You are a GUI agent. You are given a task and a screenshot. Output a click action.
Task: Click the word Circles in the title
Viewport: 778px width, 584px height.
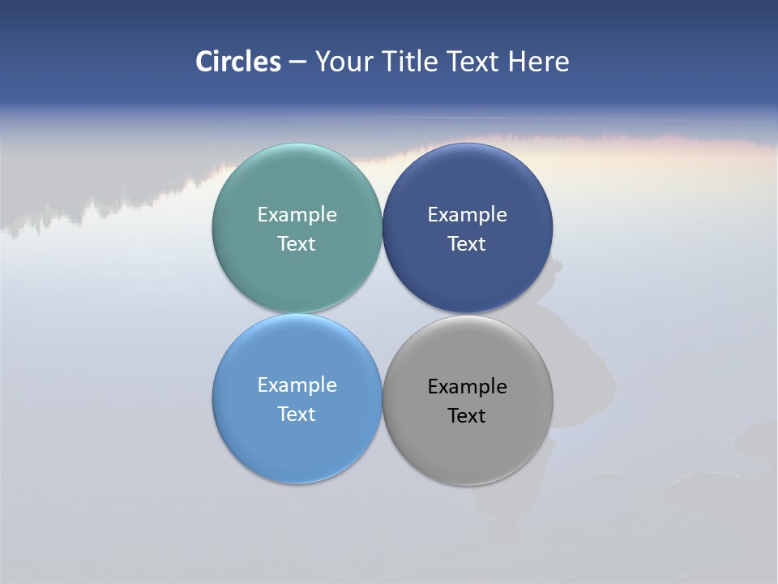pos(238,62)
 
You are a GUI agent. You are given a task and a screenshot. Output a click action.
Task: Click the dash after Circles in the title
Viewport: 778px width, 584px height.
pos(297,62)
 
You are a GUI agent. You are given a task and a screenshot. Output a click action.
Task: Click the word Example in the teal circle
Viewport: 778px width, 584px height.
pos(297,215)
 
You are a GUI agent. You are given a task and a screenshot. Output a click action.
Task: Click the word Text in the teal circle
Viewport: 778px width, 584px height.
pos(297,244)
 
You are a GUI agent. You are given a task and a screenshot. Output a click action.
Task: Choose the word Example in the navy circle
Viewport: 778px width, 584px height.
pos(467,215)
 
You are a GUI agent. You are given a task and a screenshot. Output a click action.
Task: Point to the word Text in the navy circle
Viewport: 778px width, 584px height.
pos(467,244)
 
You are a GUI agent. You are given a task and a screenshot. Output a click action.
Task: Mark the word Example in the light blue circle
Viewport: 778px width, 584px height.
pos(297,385)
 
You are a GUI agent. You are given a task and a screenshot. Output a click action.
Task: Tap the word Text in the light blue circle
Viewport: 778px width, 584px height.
pos(297,414)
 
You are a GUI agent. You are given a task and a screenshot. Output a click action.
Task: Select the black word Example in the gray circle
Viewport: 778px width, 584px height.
pos(467,387)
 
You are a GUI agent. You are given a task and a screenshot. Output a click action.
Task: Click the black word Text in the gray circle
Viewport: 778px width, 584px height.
pos(467,416)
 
